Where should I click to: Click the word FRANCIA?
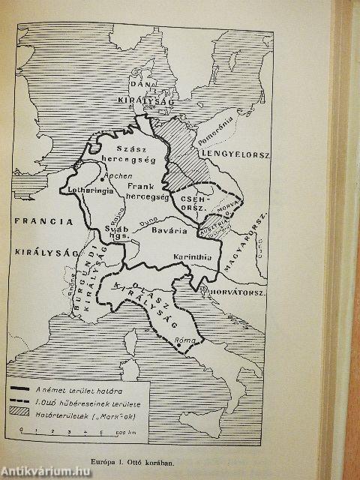click(43, 222)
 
